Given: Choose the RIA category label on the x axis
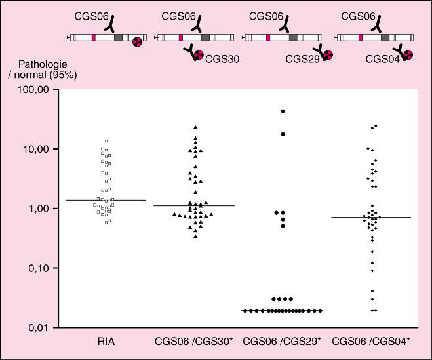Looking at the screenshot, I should (106, 342).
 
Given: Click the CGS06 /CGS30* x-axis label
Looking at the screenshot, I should (195, 342).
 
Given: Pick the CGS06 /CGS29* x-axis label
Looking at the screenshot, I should (283, 342).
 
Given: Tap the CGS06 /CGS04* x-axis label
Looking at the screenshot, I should (372, 342).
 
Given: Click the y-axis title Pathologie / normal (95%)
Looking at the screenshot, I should (41, 69).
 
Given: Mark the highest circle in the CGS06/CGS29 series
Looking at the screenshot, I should (283, 111).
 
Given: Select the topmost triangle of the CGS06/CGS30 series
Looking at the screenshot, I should (195, 127).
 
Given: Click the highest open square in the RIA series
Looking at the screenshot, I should (106, 140).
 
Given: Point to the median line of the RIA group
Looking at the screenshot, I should (106, 200).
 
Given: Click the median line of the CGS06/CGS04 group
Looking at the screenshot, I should (372, 217).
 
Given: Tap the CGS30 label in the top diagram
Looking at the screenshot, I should (222, 59).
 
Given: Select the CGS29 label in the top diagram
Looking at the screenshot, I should (302, 59).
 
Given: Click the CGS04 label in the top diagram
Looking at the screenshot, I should (383, 59).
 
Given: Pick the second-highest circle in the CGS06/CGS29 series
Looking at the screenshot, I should (283, 134).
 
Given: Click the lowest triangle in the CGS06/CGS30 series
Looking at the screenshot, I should (195, 236).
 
